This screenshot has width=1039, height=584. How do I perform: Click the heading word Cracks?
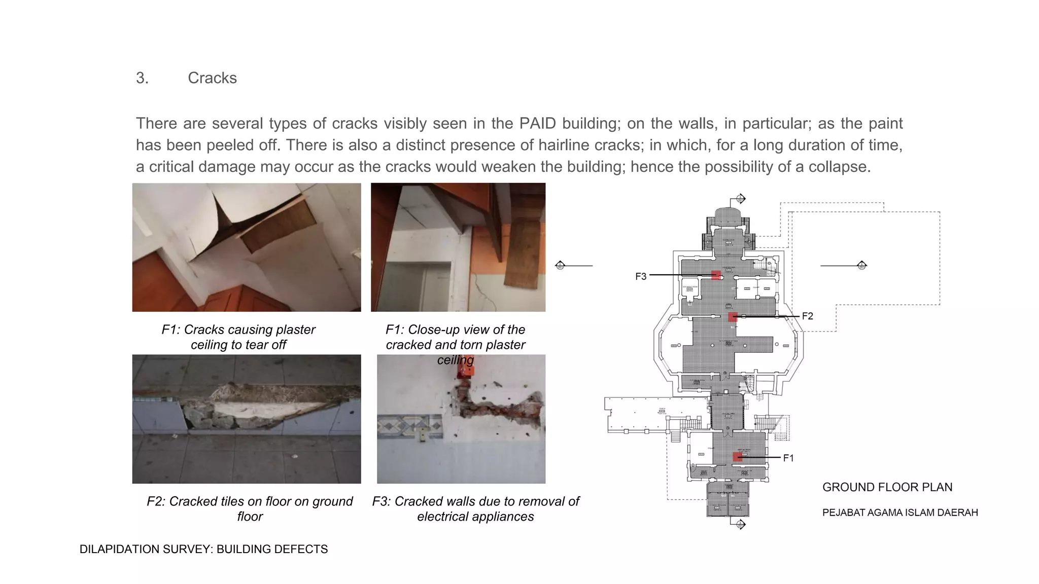click(x=212, y=78)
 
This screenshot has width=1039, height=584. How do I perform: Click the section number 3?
click(x=142, y=78)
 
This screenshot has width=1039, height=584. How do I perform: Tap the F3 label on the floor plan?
click(x=641, y=276)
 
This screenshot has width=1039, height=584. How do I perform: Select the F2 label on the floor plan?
click(x=807, y=316)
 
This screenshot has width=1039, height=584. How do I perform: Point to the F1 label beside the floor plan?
click(x=788, y=458)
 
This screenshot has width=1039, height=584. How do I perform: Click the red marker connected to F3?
click(x=716, y=275)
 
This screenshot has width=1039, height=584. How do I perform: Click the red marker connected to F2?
click(x=733, y=317)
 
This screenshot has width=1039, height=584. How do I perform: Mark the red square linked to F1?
click(x=738, y=457)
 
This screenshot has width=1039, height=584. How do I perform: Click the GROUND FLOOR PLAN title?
click(x=887, y=487)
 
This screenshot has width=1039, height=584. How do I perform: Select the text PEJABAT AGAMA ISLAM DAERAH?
click(x=899, y=513)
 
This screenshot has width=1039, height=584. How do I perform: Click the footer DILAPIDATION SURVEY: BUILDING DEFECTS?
click(x=203, y=549)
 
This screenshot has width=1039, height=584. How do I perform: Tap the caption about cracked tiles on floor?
click(x=250, y=508)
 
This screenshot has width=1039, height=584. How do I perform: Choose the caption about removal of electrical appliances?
click(x=475, y=508)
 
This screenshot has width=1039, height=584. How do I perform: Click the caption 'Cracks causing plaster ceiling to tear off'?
click(x=238, y=337)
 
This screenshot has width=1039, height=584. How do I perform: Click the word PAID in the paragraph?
click(x=537, y=123)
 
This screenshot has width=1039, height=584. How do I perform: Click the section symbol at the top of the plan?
click(x=740, y=198)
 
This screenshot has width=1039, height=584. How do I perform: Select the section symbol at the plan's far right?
click(x=861, y=265)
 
